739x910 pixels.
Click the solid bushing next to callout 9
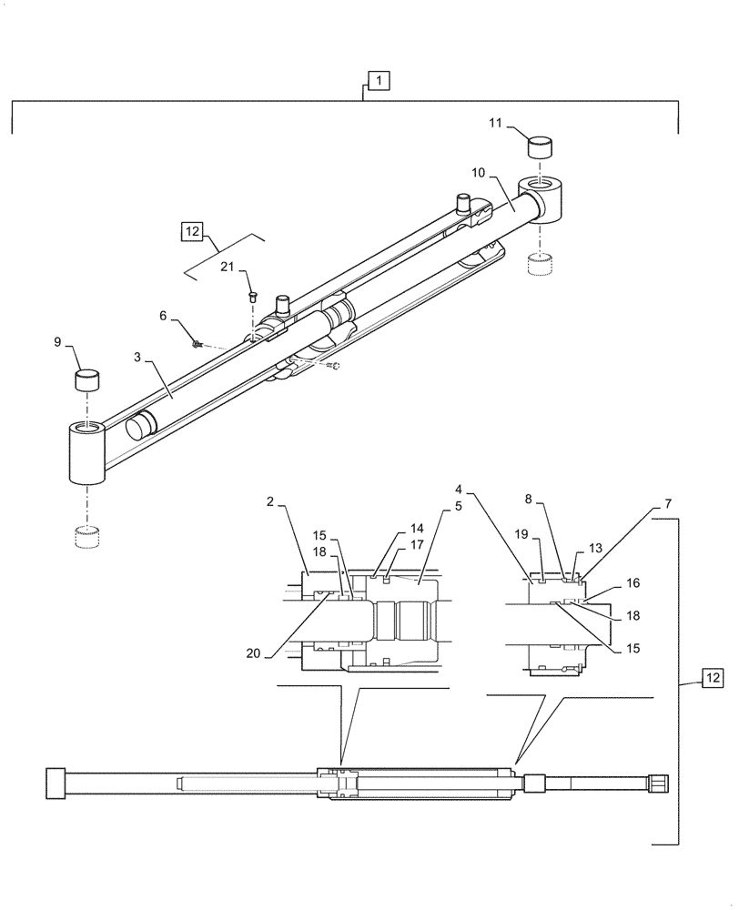tap(87, 379)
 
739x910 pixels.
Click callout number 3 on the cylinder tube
tap(137, 359)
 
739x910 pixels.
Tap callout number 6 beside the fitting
tap(164, 315)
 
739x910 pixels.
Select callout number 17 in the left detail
tap(417, 545)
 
